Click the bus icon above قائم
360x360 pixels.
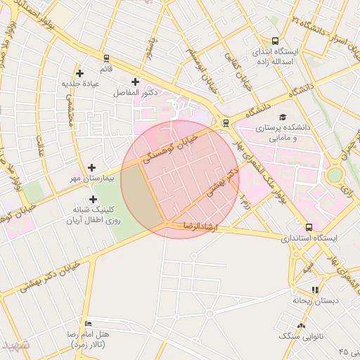(x=105, y=58)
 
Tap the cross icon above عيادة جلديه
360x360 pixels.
(x=79, y=73)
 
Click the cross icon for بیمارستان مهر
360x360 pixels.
(x=91, y=167)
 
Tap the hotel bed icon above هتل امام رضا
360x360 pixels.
(x=87, y=323)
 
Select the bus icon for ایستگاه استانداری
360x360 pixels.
(x=309, y=227)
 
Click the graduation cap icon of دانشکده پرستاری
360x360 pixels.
(x=283, y=117)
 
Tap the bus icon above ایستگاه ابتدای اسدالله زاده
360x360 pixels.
(x=274, y=41)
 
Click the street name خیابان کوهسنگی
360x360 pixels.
(x=171, y=149)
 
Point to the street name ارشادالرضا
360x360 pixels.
(x=201, y=226)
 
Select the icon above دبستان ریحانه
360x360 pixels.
(x=315, y=289)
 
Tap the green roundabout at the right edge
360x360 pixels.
(x=335, y=174)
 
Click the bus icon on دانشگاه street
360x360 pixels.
(x=225, y=122)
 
